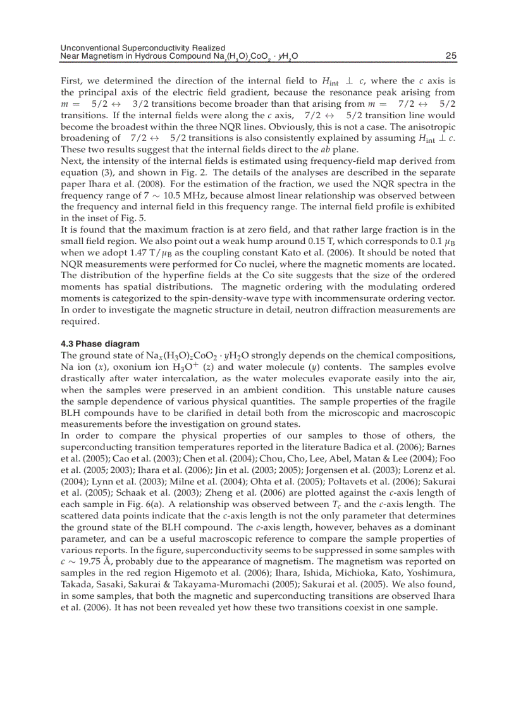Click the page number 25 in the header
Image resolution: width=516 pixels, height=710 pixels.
coord(450,56)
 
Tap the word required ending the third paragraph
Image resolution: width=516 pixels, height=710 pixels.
coord(80,321)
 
